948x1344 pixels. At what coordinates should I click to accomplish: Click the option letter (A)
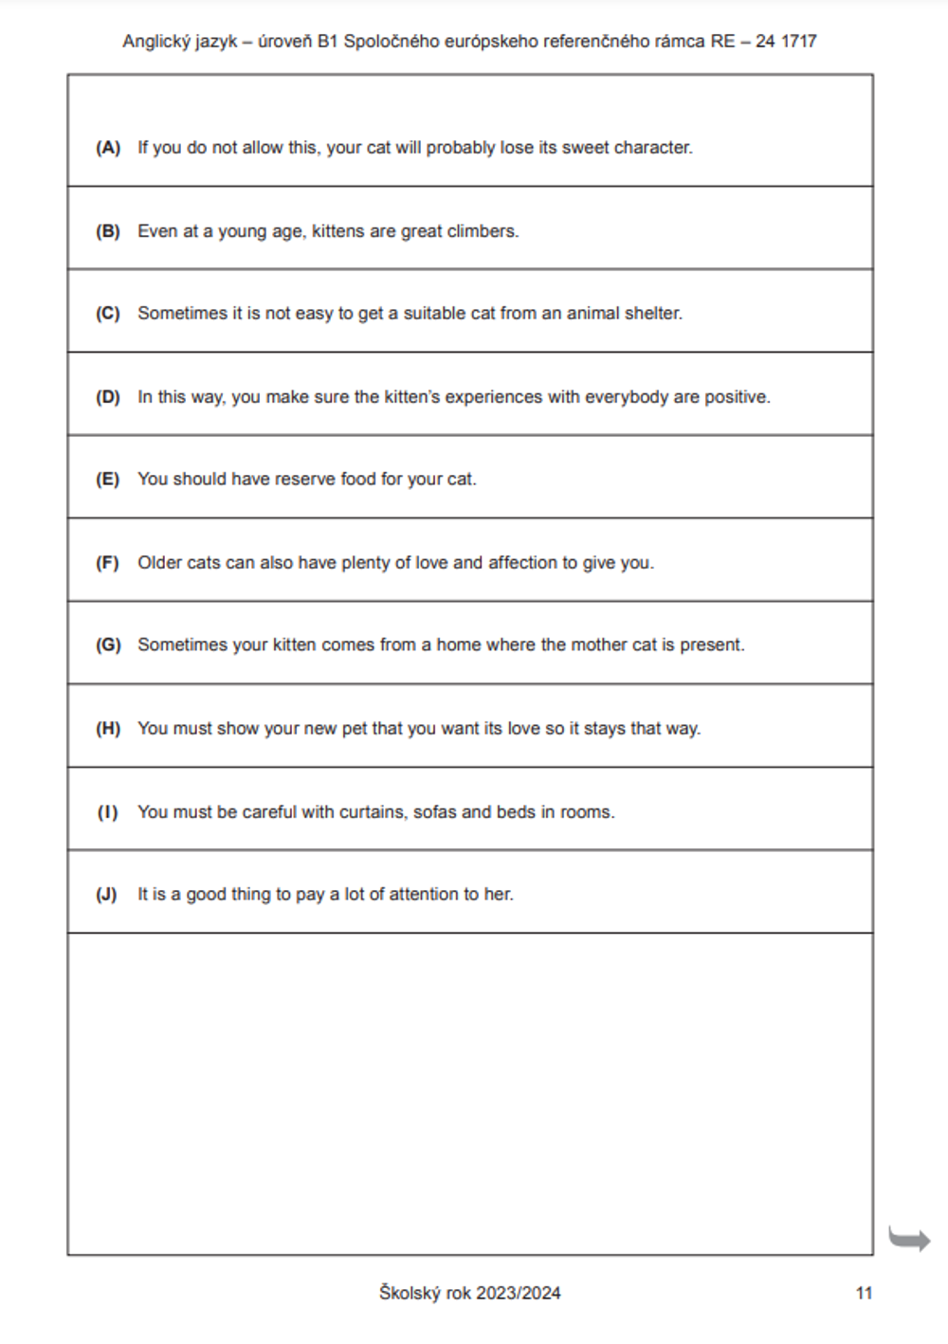click(x=108, y=148)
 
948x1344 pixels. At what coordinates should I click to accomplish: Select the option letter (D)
click(x=108, y=397)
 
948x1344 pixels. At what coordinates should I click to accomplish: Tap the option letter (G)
click(x=108, y=645)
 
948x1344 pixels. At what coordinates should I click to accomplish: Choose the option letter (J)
click(x=106, y=895)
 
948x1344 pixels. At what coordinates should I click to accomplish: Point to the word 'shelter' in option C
click(x=651, y=314)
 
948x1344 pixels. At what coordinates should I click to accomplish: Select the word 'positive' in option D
click(x=737, y=397)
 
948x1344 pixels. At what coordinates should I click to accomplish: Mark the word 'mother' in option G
click(x=599, y=645)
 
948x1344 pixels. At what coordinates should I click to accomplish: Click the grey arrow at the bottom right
click(x=909, y=1238)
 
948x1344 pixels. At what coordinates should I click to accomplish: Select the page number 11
click(x=864, y=1294)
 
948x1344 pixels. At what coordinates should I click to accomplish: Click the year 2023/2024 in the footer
click(x=518, y=1294)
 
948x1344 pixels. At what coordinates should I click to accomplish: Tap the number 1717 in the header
click(x=798, y=42)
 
